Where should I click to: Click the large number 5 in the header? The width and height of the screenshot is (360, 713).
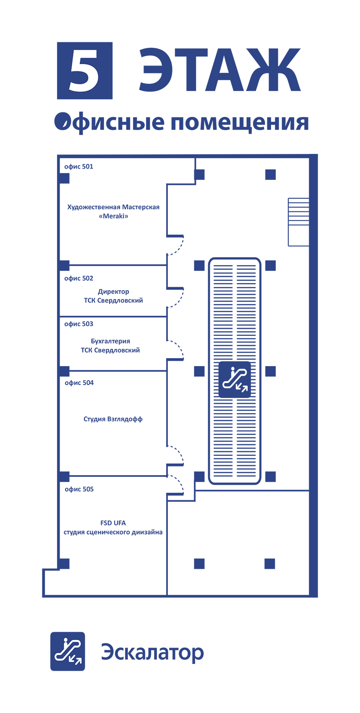(x=85, y=70)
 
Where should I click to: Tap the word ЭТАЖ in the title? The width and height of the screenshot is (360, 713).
(x=219, y=70)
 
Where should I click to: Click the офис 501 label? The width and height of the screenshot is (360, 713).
(x=78, y=167)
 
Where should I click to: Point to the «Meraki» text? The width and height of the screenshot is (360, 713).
(x=113, y=216)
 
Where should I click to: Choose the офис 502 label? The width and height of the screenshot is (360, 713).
(x=78, y=278)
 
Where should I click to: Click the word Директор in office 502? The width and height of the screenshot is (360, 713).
(x=113, y=291)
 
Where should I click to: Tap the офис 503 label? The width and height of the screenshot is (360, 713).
(x=78, y=324)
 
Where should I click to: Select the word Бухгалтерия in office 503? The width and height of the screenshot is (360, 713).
(x=110, y=341)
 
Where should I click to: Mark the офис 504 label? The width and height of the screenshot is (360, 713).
(x=79, y=383)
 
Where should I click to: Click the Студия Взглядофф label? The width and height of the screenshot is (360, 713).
(x=113, y=419)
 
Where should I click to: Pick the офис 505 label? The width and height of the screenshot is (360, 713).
(x=79, y=489)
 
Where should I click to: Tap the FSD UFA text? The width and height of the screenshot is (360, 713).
(x=113, y=523)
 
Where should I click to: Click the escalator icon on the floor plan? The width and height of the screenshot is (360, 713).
(x=235, y=380)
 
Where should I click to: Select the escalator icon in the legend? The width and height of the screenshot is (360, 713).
(x=68, y=651)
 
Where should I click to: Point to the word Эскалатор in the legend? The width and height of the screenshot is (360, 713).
(x=152, y=653)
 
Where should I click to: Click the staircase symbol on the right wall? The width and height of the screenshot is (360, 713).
(x=298, y=221)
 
